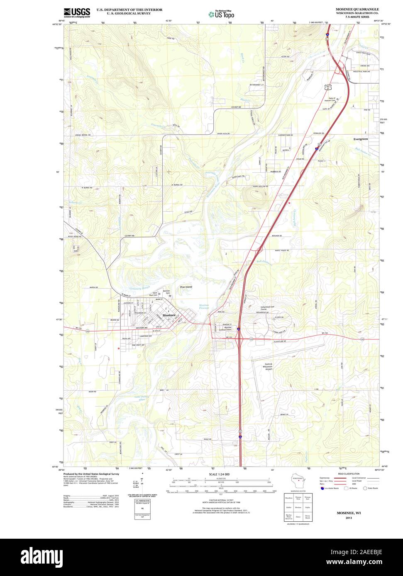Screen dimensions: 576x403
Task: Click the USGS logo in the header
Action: click(x=77, y=12)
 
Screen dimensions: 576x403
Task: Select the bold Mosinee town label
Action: click(x=169, y=315)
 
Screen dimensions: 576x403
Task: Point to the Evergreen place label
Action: click(x=360, y=139)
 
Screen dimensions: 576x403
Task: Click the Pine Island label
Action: click(x=186, y=287)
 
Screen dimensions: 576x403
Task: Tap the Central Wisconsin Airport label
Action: click(x=269, y=366)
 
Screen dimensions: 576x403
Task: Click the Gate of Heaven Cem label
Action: click(x=329, y=99)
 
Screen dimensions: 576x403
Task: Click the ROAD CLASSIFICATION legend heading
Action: click(x=349, y=474)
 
